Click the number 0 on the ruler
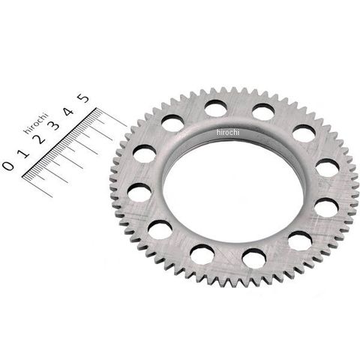(x=8, y=166)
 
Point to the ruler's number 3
(x=55, y=125)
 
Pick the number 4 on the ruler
(x=68, y=112)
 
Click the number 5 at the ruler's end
(x=83, y=98)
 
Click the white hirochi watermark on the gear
(x=228, y=132)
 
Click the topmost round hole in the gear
(x=215, y=108)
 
